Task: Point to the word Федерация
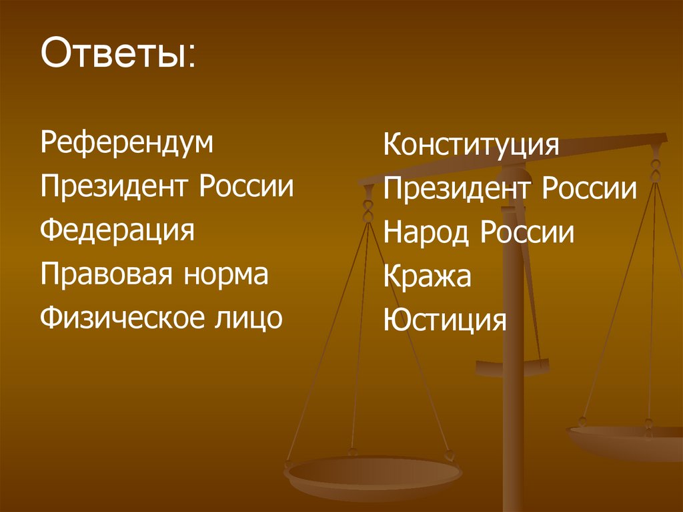point(117,231)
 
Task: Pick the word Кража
point(427,278)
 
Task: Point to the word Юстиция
point(445,321)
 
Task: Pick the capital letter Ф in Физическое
point(51,318)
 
